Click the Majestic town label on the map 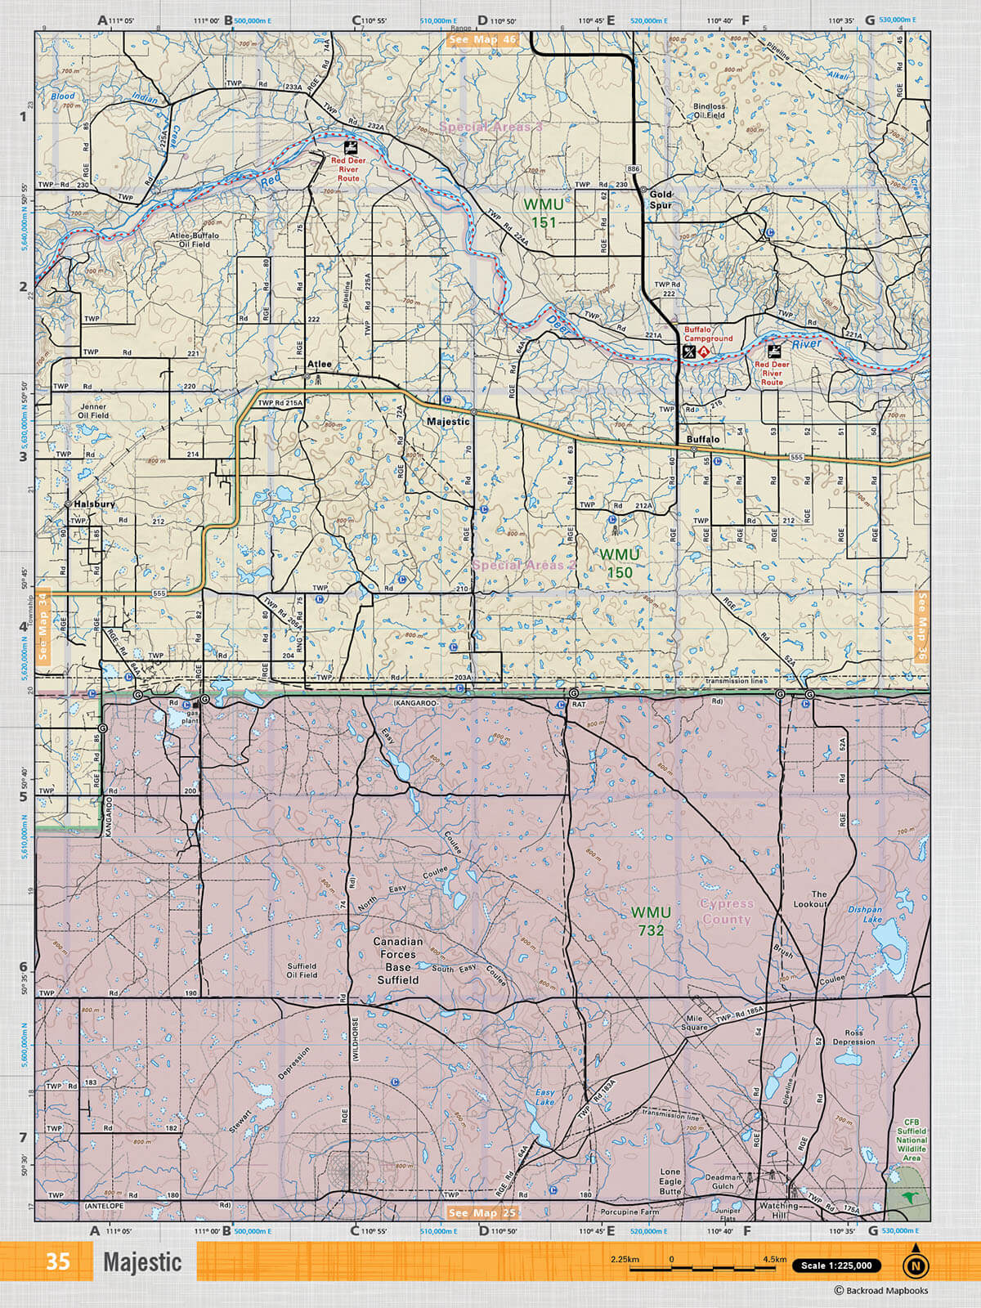tap(448, 422)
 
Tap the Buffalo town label tap(703, 440)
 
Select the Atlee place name tap(319, 365)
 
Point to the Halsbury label tap(95, 504)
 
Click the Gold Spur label tap(661, 199)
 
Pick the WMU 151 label tap(544, 213)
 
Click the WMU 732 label tap(651, 921)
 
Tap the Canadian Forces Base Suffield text tap(398, 961)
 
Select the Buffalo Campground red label tap(708, 334)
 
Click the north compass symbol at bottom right tap(916, 1265)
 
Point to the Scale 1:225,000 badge tap(836, 1265)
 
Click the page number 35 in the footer tap(57, 1261)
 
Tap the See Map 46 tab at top tap(482, 39)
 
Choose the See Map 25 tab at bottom tap(482, 1213)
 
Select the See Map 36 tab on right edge tap(922, 625)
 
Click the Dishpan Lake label tap(865, 914)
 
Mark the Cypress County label tap(726, 912)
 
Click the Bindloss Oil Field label tap(709, 111)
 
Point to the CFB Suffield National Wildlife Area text tap(911, 1140)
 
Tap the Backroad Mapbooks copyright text tap(881, 1291)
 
